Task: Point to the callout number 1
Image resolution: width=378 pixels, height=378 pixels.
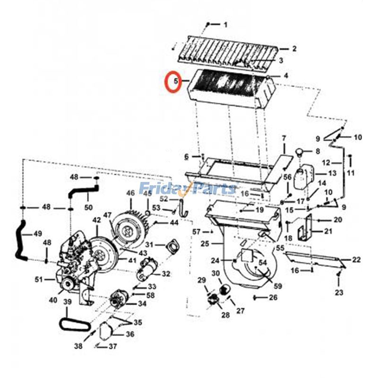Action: (225, 24)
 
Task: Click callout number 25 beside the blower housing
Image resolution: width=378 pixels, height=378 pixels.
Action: (204, 244)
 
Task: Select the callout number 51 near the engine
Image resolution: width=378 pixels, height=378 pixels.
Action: (39, 280)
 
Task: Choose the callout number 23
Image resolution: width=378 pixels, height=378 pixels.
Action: (339, 292)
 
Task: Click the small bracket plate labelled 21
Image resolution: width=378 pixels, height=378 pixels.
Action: (305, 229)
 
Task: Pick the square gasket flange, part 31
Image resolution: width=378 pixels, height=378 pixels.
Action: (169, 247)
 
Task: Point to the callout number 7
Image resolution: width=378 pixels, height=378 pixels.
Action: (284, 138)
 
